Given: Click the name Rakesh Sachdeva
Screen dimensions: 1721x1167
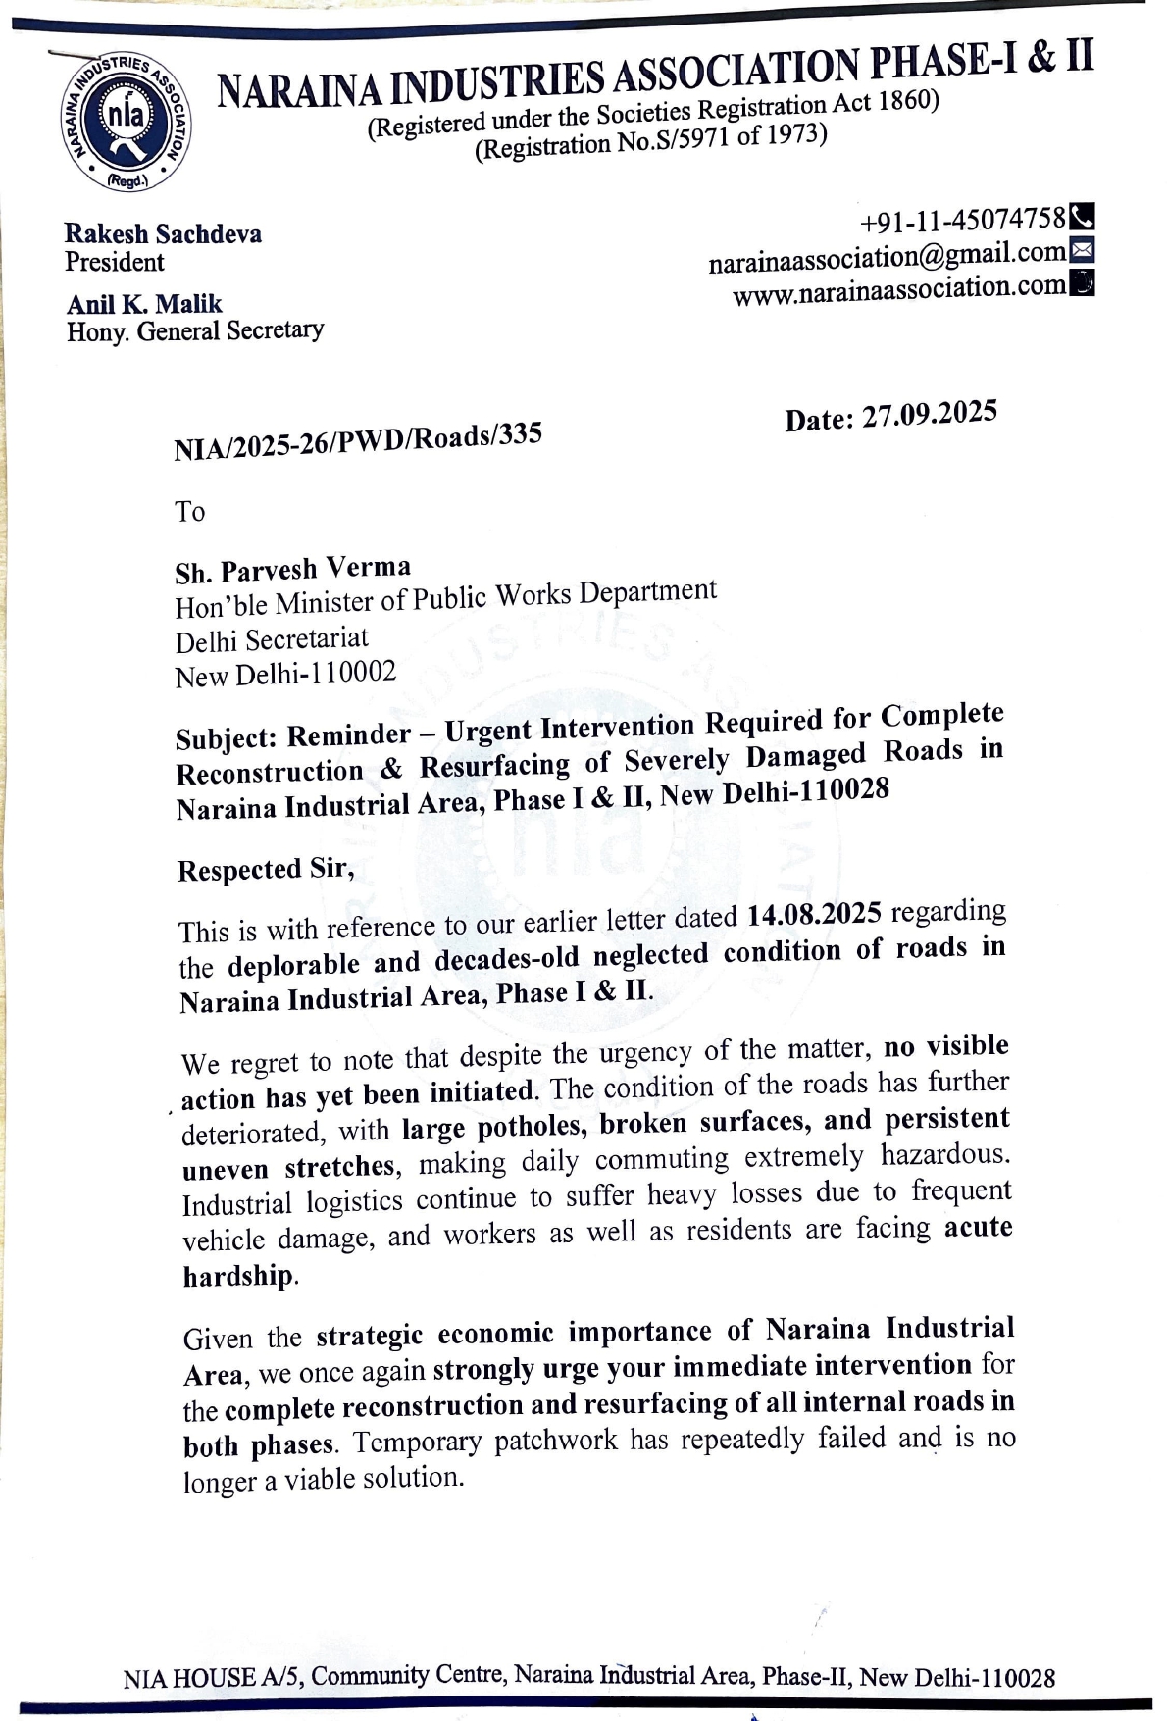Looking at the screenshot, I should point(163,234).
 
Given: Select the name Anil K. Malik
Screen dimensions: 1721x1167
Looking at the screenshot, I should point(144,304).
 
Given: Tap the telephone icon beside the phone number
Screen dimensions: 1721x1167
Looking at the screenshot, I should point(1082,214).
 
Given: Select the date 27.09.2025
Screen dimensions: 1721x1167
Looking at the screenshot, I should point(929,414).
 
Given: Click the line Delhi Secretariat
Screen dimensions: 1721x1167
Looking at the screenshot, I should point(272,640).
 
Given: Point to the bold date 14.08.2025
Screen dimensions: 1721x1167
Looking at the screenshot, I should point(813,915).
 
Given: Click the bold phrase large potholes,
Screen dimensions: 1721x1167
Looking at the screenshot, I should point(494,1128).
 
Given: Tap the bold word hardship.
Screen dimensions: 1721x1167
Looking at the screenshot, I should point(237,1276).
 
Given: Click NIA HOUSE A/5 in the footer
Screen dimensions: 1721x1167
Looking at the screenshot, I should point(213,1678).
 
